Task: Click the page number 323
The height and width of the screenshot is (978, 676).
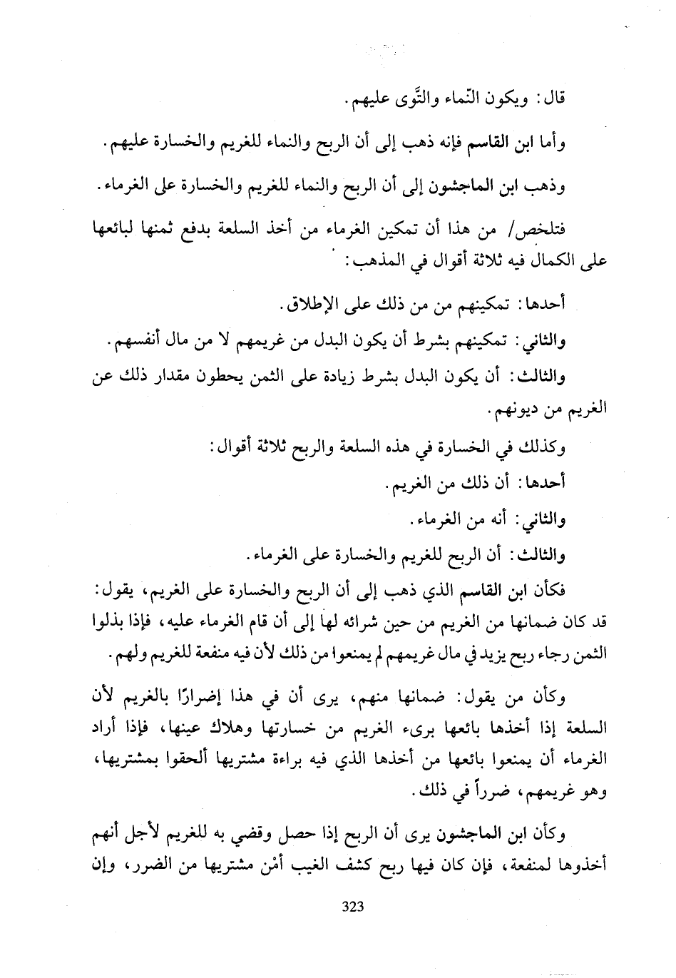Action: pyautogui.click(x=354, y=907)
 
